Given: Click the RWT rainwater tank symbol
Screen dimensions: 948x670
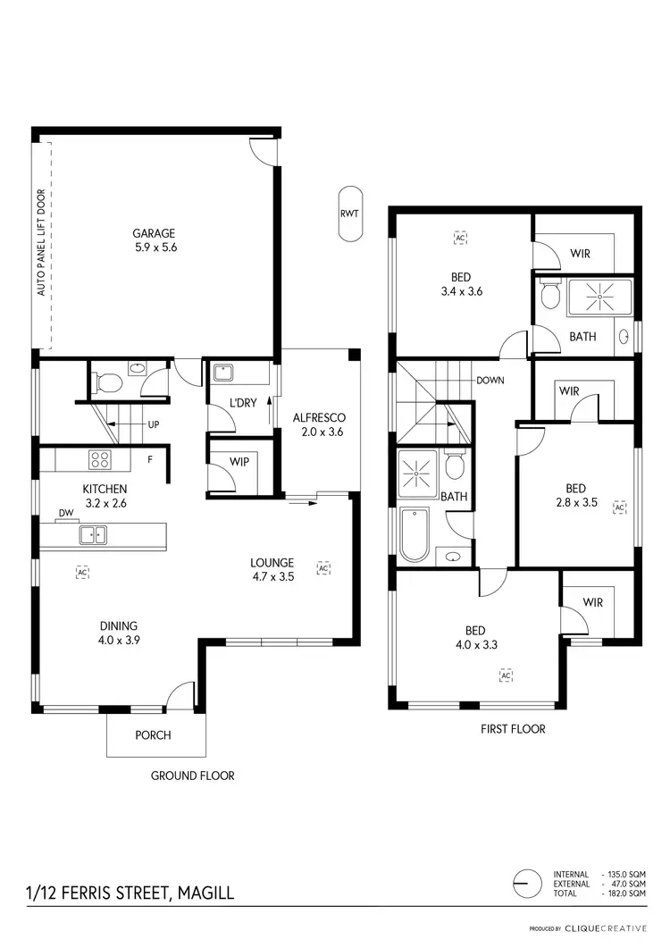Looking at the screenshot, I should pyautogui.click(x=350, y=214).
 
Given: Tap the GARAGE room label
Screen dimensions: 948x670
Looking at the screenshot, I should pyautogui.click(x=155, y=233).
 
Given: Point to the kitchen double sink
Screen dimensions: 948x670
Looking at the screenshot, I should pyautogui.click(x=93, y=535).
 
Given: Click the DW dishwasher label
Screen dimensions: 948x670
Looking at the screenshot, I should pyautogui.click(x=65, y=513).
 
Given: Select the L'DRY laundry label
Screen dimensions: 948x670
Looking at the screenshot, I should pyautogui.click(x=243, y=403).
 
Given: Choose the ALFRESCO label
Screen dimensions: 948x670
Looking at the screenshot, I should pyautogui.click(x=319, y=417).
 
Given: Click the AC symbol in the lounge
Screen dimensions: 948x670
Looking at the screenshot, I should pyautogui.click(x=323, y=567).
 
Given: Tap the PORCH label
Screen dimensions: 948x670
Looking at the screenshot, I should pyautogui.click(x=153, y=735).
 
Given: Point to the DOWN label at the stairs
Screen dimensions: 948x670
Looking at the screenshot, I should pyautogui.click(x=490, y=380).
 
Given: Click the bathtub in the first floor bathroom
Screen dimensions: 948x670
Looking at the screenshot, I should pyautogui.click(x=415, y=534).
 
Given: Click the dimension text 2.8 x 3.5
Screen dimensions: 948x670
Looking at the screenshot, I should pyautogui.click(x=575, y=502).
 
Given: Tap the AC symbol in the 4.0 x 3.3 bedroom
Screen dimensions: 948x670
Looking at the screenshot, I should pyautogui.click(x=506, y=675).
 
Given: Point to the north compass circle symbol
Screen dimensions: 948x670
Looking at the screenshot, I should pyautogui.click(x=528, y=883).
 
